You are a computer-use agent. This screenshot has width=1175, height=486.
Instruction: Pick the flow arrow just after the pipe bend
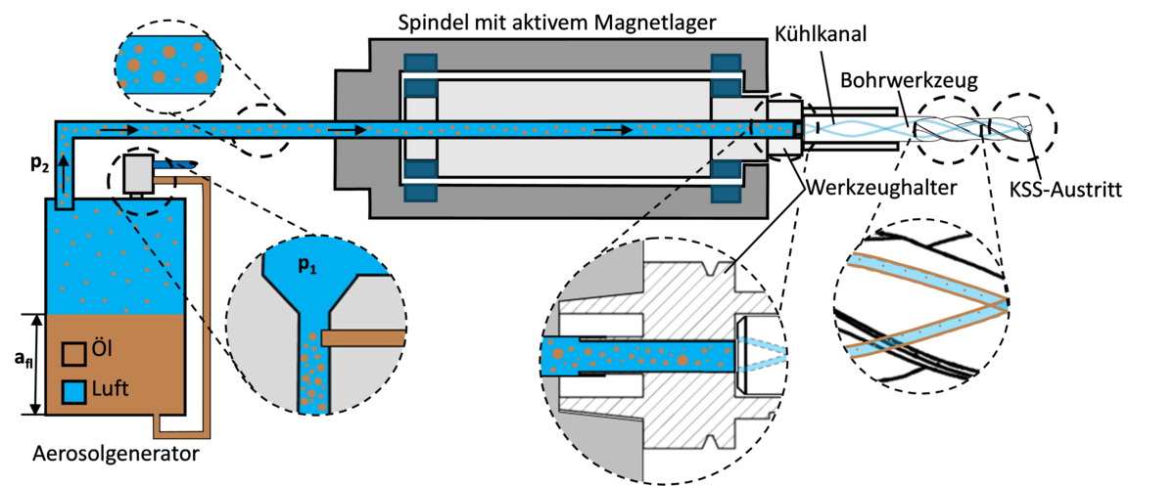click(116, 128)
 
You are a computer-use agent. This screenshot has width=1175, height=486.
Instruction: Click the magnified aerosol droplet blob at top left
click(166, 63)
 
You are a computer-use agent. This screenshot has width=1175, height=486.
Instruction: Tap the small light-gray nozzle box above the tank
click(137, 174)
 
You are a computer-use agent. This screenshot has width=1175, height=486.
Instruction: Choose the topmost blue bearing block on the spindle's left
click(419, 64)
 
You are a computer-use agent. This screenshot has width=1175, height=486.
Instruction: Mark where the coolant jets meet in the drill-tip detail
click(1004, 304)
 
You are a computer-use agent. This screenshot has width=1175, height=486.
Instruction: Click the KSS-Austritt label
click(1066, 191)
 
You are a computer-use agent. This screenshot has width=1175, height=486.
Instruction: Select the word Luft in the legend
click(111, 389)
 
